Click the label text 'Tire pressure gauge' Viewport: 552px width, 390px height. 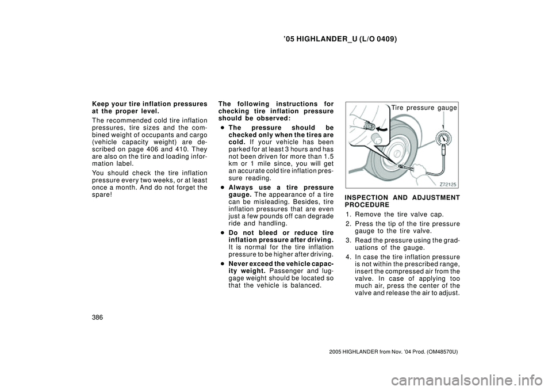click(423, 108)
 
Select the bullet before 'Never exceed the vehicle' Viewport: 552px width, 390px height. click(222, 263)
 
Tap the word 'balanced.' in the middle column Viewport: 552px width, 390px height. click(304, 285)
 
